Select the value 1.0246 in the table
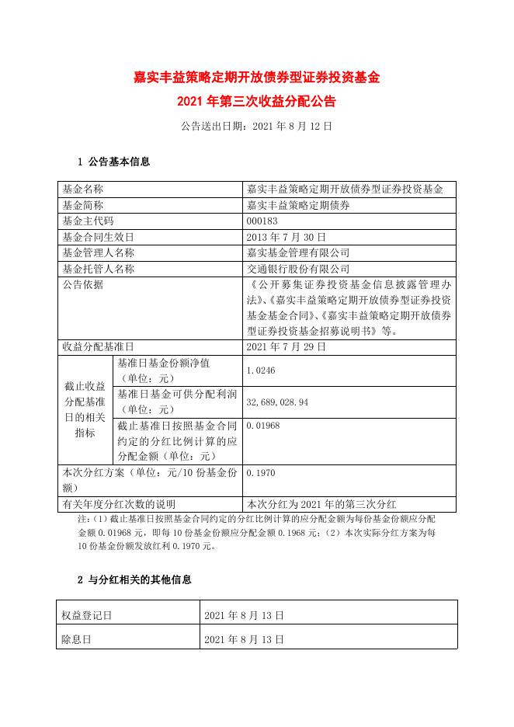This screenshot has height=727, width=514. (260, 370)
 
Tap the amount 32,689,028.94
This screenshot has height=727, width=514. (277, 402)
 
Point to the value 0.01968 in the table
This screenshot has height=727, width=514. (262, 426)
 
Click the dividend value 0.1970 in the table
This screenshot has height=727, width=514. (260, 471)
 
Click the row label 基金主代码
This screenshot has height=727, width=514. (87, 221)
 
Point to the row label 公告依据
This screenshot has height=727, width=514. (82, 284)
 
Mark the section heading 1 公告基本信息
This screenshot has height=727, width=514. (114, 162)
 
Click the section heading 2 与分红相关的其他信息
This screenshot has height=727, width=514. (134, 579)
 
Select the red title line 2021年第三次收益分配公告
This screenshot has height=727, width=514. (256, 101)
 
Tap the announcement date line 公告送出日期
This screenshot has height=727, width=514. (256, 125)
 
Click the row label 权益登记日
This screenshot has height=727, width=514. (87, 615)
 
